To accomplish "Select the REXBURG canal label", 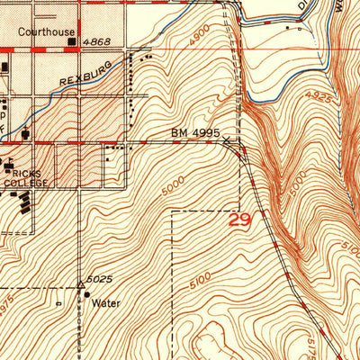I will pos(87,73).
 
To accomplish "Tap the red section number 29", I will pos(240,219).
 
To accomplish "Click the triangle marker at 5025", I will pos(80,286).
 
